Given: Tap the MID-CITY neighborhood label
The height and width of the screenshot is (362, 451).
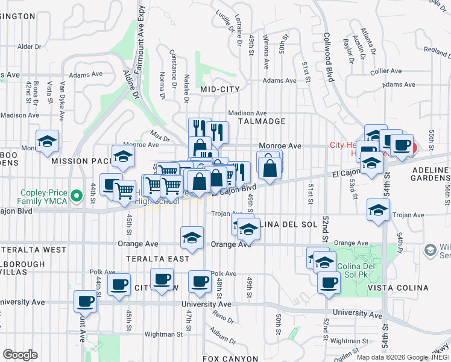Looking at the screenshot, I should click(x=220, y=89).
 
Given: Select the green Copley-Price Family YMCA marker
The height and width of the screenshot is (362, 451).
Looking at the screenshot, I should click(x=76, y=195).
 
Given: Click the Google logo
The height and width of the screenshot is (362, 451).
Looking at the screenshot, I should click(x=20, y=355).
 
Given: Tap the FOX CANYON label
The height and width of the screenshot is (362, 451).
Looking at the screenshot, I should click(x=230, y=358).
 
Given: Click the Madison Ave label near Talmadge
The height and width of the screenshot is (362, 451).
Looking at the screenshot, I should click(x=247, y=113).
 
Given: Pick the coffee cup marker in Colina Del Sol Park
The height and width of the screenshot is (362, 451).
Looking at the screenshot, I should click(x=329, y=282).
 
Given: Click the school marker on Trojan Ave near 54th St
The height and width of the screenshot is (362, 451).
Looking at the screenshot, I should click(x=378, y=210).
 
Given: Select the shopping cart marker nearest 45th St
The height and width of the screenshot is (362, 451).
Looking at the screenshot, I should click(x=125, y=191).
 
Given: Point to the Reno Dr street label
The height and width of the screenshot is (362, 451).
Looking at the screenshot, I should click(x=223, y=317).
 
